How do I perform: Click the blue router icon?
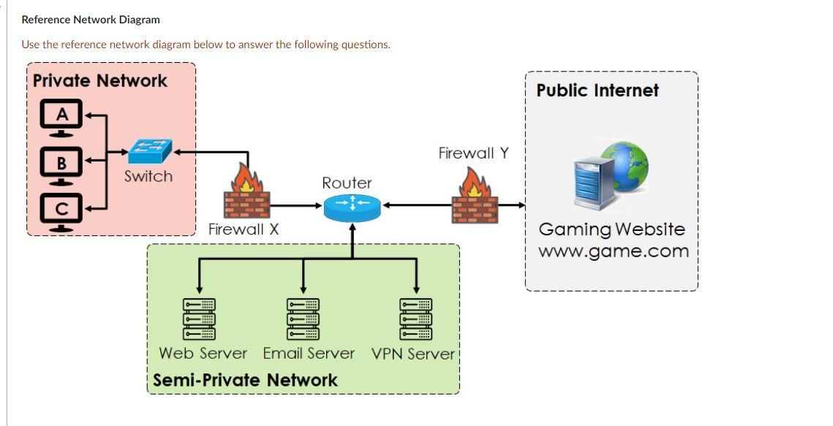353,205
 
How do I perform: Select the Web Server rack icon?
198,319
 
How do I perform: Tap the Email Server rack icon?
304,319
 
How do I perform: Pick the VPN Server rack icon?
415,319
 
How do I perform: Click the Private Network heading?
100,80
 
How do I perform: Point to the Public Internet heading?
598,91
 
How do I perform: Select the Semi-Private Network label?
245,380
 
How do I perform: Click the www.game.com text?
613,251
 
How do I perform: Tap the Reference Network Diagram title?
91,20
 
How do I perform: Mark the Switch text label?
148,176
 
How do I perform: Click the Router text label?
347,183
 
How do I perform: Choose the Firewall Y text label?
473,153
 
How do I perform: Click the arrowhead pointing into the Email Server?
304,289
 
